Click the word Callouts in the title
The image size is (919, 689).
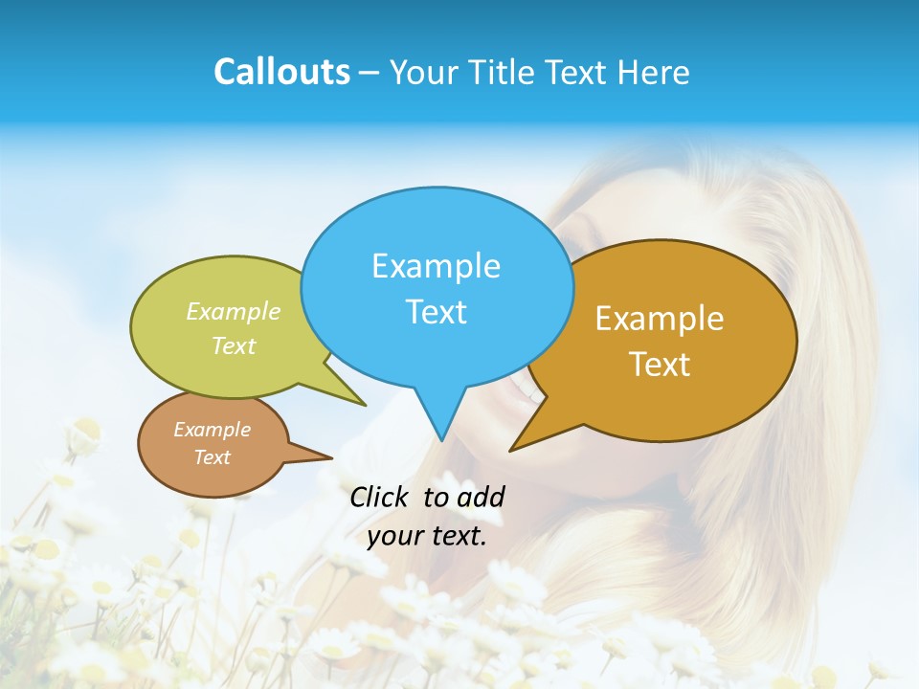[281, 72]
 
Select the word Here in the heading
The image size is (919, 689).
[654, 72]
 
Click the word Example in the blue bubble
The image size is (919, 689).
[436, 265]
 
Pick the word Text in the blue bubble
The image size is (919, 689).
[436, 311]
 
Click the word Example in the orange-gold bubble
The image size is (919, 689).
[660, 319]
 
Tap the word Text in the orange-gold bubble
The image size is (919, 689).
[660, 364]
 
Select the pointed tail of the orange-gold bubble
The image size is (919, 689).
[517, 445]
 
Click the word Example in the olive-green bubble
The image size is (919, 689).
[234, 311]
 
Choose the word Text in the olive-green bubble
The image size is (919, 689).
[234, 345]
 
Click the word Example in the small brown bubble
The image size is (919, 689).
[212, 430]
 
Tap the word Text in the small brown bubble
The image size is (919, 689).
[212, 457]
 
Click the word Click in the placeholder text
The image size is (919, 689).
[382, 497]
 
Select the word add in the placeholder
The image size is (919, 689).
[481, 497]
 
